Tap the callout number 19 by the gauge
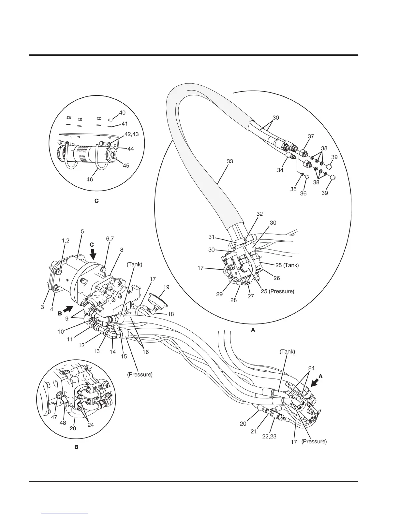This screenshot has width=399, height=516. [166, 287]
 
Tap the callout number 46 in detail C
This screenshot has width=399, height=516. [90, 179]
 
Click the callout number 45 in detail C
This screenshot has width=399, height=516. [126, 165]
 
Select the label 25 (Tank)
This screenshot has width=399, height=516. [287, 265]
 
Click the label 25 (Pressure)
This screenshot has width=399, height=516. [278, 291]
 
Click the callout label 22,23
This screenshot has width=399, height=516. [269, 436]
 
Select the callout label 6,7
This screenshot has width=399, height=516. [110, 239]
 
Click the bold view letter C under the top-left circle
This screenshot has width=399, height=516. [96, 201]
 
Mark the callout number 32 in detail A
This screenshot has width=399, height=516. [259, 214]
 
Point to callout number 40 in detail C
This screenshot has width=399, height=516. [122, 113]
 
